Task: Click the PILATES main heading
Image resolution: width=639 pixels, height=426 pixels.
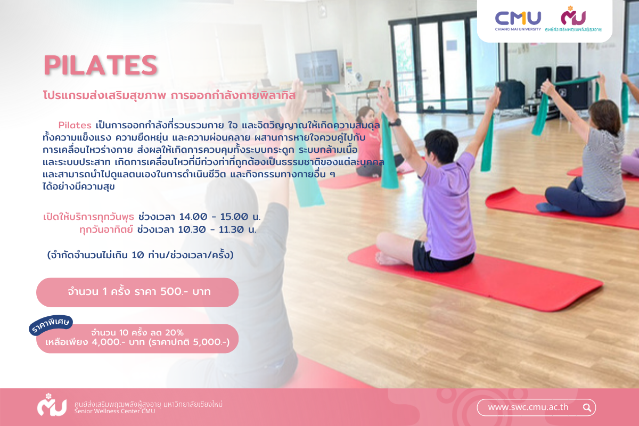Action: (101, 65)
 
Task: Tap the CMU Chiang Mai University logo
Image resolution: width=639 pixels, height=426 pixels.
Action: (518, 21)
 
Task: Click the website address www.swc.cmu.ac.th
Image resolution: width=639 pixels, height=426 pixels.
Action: (528, 407)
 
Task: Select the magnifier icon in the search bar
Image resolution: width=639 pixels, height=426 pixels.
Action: (587, 407)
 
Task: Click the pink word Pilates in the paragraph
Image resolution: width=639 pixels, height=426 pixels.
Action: (75, 125)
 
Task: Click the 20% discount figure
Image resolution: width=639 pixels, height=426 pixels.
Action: (174, 332)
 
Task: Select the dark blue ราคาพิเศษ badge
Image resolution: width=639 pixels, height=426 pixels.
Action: (51, 325)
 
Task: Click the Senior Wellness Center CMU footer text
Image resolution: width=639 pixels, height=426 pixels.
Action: (114, 411)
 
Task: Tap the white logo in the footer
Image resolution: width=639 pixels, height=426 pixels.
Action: (52, 405)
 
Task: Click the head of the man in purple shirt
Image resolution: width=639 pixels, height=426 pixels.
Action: (441, 146)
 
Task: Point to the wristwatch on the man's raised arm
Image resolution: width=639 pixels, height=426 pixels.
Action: (395, 123)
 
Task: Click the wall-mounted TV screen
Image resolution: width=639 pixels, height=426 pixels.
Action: (317, 67)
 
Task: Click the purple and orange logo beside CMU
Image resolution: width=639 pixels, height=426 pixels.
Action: (573, 17)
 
